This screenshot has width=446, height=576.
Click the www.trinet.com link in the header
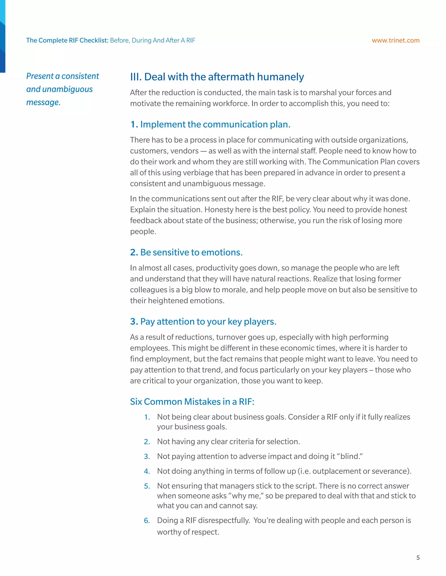point(395,40)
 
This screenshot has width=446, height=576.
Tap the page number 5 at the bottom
point(418,558)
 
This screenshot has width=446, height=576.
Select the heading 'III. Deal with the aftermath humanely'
point(217,77)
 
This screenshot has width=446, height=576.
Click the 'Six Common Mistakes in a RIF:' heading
point(192,401)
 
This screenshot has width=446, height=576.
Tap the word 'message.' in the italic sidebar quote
point(43,102)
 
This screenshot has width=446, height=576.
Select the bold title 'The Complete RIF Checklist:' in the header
point(67,40)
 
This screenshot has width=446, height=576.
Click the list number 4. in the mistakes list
point(147,471)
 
